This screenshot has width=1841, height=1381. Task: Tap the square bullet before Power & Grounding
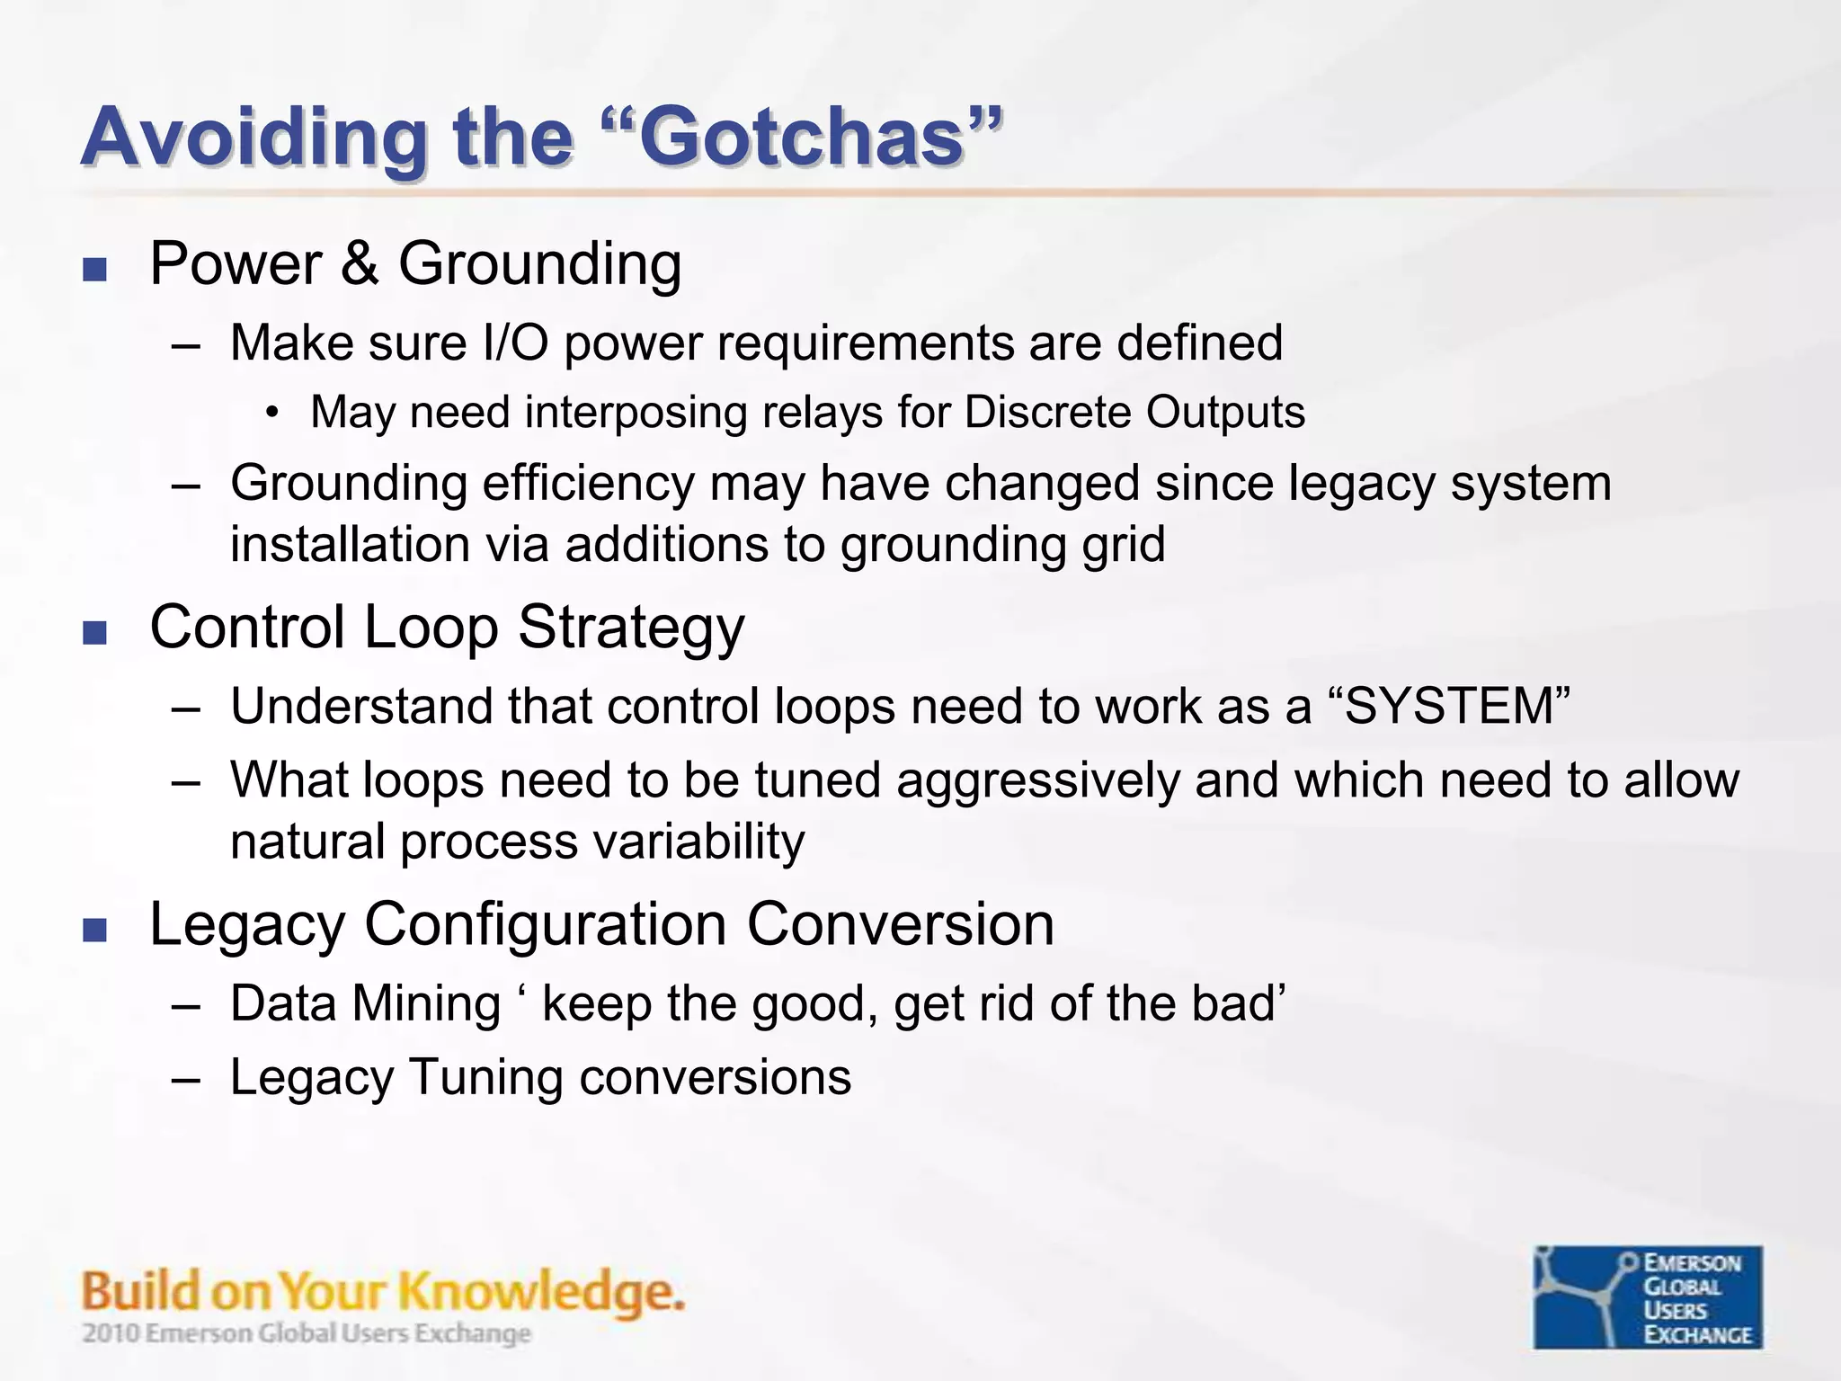(x=94, y=270)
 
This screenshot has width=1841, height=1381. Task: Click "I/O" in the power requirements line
(x=515, y=343)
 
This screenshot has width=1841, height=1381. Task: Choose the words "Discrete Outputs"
(x=1134, y=413)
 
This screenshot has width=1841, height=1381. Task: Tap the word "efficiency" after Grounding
(x=588, y=484)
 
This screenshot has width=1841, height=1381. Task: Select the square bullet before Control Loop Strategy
(x=94, y=633)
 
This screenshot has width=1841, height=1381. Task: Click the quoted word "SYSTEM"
(x=1449, y=706)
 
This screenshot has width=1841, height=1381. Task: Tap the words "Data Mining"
(x=365, y=1003)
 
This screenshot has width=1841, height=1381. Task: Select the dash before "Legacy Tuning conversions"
(x=185, y=1079)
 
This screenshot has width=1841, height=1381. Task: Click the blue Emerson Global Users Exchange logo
(x=1647, y=1296)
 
